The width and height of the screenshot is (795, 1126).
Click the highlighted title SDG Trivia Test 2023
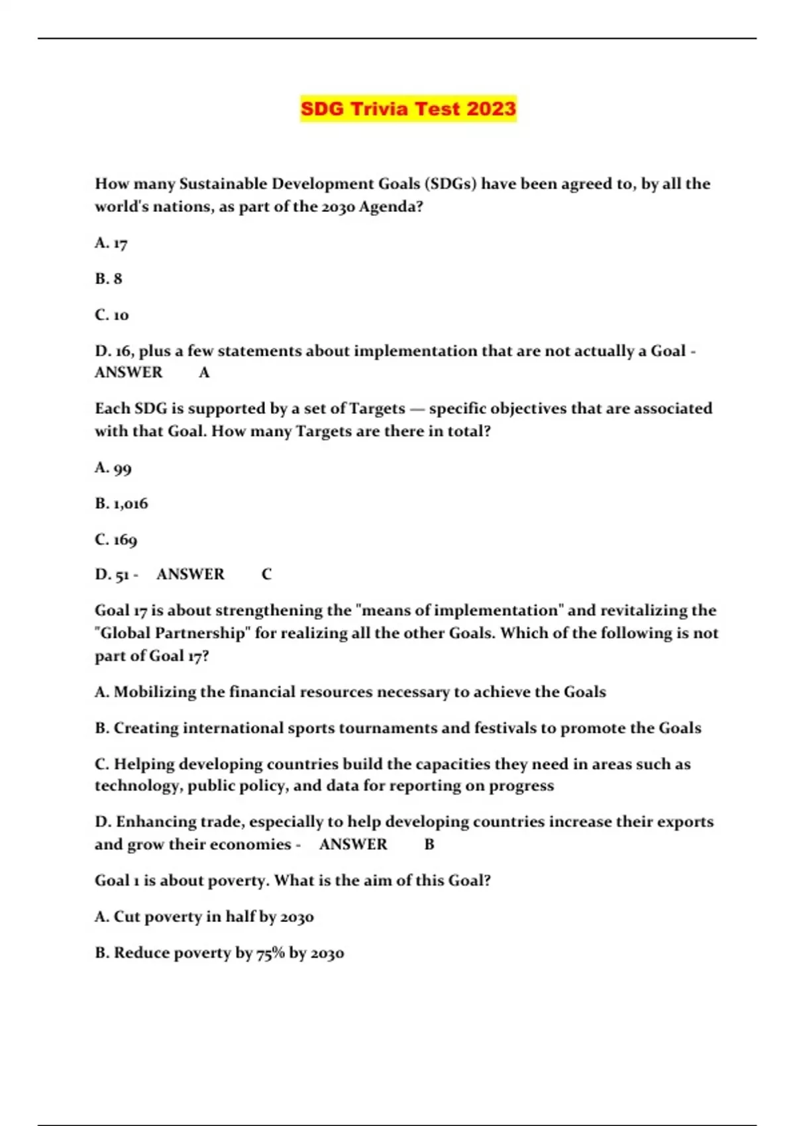click(x=407, y=109)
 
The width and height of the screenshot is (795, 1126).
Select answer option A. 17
click(x=111, y=243)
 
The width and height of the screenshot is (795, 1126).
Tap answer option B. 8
click(x=109, y=279)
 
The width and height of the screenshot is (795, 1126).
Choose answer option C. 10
click(x=111, y=315)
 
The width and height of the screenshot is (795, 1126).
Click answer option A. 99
click(x=113, y=468)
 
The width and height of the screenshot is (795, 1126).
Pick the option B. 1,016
click(x=121, y=504)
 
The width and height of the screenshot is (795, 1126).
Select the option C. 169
click(x=116, y=540)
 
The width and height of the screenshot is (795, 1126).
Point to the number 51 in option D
click(x=122, y=575)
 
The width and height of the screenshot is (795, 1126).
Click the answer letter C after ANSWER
click(x=266, y=574)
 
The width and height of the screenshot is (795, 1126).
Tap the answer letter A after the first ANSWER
click(x=204, y=373)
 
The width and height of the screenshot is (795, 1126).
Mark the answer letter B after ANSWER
click(x=429, y=844)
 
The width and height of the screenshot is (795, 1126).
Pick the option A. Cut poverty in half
click(x=204, y=917)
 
